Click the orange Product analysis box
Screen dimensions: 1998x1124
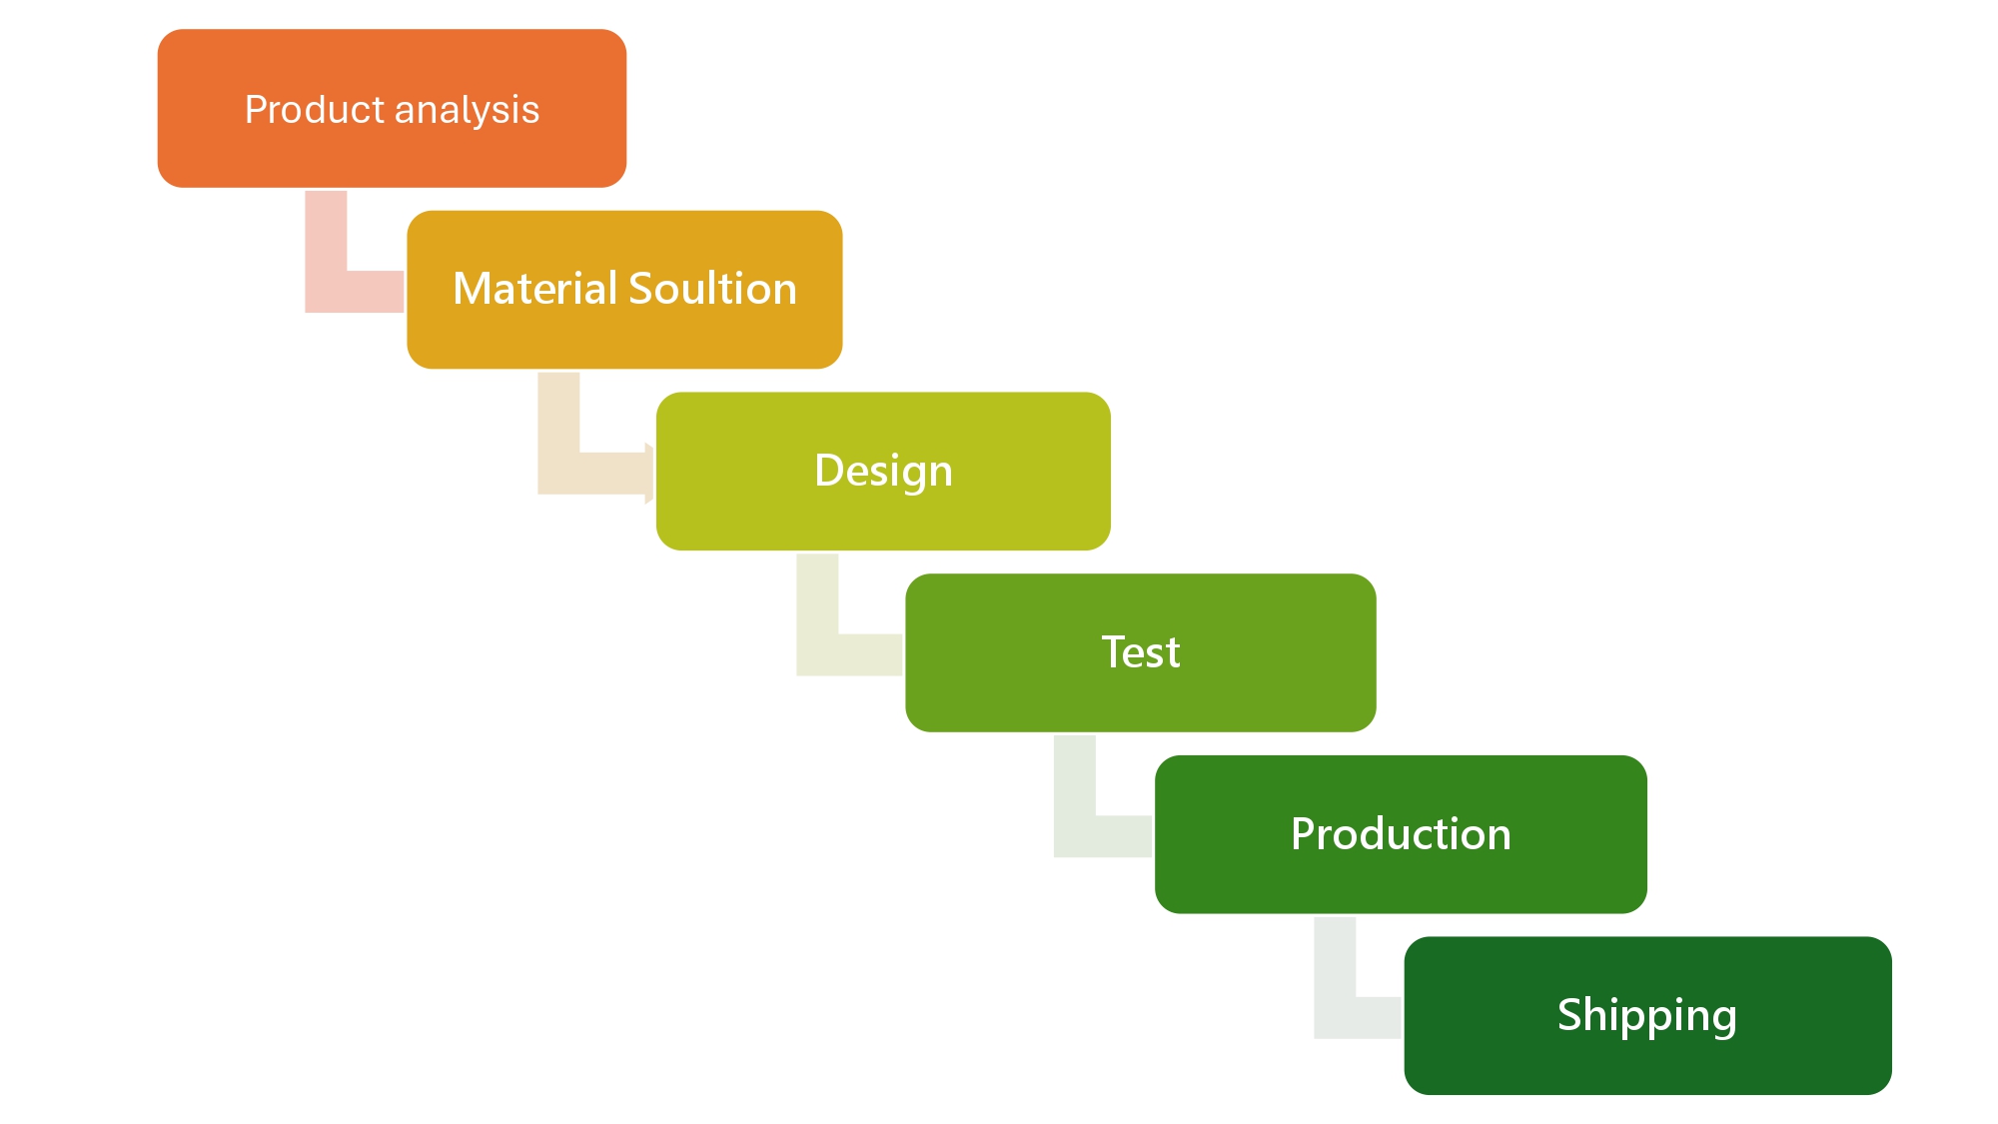392,108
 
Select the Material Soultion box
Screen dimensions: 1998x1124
624,290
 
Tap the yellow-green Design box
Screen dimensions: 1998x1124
883,471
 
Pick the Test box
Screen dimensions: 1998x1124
1140,652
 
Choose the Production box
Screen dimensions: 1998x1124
1401,834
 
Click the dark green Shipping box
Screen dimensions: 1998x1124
1647,1015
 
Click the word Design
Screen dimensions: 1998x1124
883,472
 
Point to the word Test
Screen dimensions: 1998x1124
1140,652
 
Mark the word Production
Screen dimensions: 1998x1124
1401,834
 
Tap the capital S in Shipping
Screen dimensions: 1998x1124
1569,1014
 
